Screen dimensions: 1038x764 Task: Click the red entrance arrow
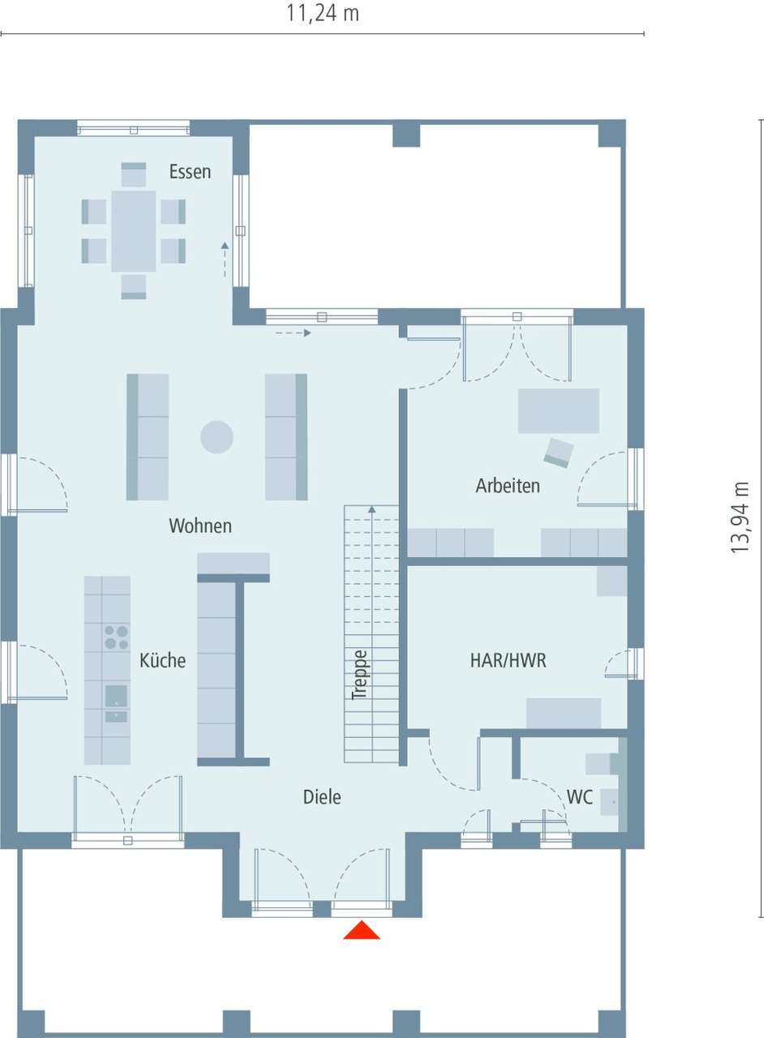pyautogui.click(x=362, y=930)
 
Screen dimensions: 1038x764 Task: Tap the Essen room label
pyautogui.click(x=190, y=172)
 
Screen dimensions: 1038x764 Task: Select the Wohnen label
pyautogui.click(x=200, y=526)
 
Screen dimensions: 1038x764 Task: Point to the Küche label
pyautogui.click(x=162, y=661)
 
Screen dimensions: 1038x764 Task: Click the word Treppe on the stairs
pyautogui.click(x=359, y=675)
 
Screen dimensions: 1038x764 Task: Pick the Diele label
pyautogui.click(x=322, y=797)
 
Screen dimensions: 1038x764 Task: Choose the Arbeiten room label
pyautogui.click(x=508, y=487)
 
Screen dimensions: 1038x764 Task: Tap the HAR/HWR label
pyautogui.click(x=509, y=661)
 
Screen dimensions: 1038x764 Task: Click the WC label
pyautogui.click(x=580, y=798)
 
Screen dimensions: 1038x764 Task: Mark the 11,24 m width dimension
pyautogui.click(x=323, y=14)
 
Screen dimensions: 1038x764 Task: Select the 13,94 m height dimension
pyautogui.click(x=740, y=517)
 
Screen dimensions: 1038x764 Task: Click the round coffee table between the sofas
pyautogui.click(x=217, y=438)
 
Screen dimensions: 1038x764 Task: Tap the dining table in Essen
pyautogui.click(x=134, y=231)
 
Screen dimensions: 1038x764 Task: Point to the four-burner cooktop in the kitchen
pyautogui.click(x=116, y=637)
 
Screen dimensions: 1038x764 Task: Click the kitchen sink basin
pyautogui.click(x=116, y=696)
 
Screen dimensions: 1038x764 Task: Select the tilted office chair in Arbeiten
pyautogui.click(x=559, y=452)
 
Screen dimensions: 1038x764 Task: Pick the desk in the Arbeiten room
pyautogui.click(x=559, y=411)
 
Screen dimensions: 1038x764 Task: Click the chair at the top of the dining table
pyautogui.click(x=134, y=175)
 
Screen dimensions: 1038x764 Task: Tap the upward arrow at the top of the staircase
pyautogui.click(x=372, y=510)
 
